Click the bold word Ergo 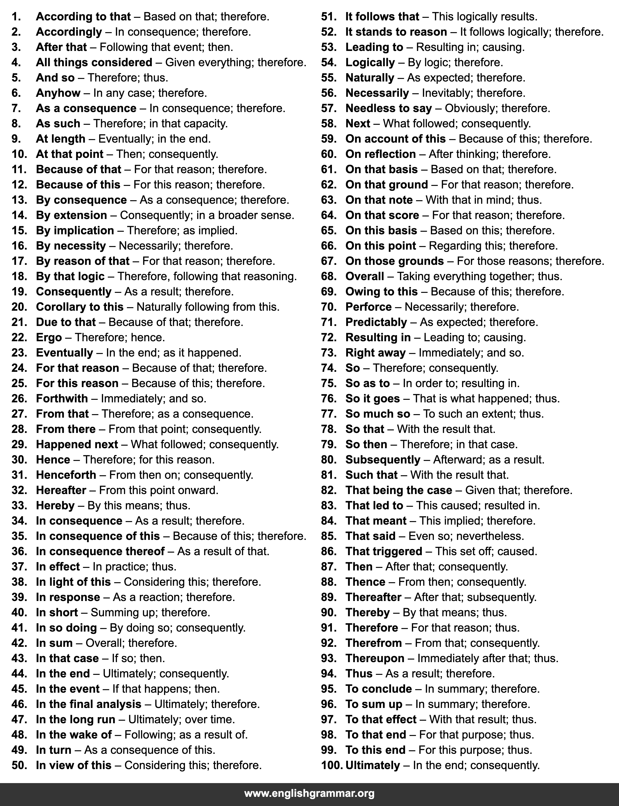point(49,337)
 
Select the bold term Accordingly point(69,32)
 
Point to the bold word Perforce point(368,307)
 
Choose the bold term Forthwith point(62,399)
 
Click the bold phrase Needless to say point(388,108)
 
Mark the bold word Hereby point(55,506)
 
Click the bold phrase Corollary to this point(79,307)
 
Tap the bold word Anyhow point(58,93)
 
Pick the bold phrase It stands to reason point(396,32)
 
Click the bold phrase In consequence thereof point(100,551)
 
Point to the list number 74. point(329,368)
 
